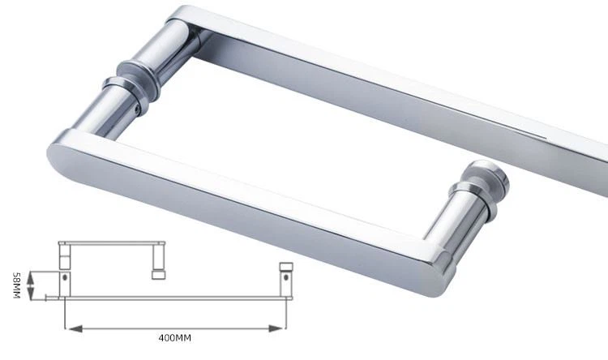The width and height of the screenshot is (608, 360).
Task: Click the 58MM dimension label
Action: [15, 285]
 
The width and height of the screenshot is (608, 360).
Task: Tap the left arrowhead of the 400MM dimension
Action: [69, 328]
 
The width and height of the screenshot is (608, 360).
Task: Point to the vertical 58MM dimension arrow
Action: [30, 285]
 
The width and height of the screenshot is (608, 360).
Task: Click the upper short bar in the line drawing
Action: [113, 243]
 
